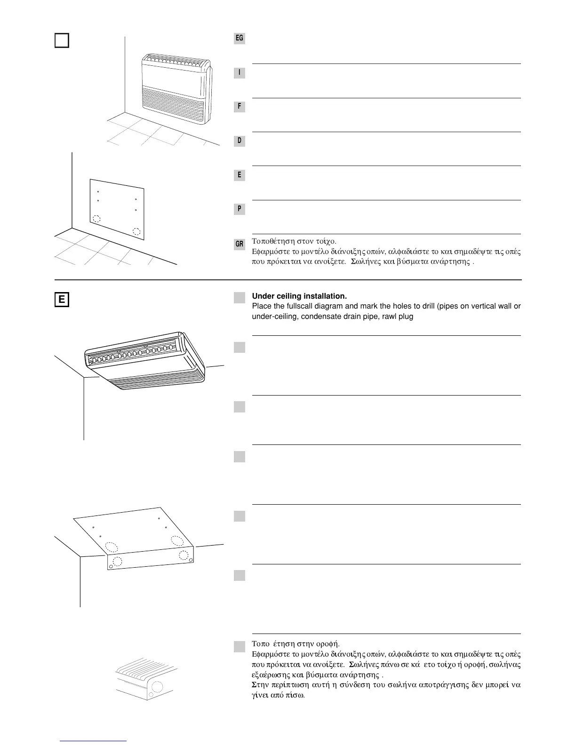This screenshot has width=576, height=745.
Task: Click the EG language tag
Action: click(x=240, y=38)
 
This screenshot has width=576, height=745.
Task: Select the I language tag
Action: click(x=240, y=72)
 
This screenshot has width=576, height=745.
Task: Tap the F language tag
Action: click(x=240, y=107)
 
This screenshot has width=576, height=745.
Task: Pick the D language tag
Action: click(x=240, y=141)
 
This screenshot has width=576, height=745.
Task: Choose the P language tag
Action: click(x=240, y=209)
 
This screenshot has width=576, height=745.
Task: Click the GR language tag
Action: click(x=240, y=244)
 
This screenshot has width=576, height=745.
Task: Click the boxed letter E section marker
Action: click(x=62, y=300)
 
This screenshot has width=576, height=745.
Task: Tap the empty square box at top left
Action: click(x=62, y=40)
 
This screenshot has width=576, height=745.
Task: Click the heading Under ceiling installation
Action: click(x=299, y=296)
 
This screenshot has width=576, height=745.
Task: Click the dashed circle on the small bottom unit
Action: click(x=157, y=687)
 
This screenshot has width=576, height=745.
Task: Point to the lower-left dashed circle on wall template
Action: click(x=96, y=219)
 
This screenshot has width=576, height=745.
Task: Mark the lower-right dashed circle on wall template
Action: click(x=136, y=231)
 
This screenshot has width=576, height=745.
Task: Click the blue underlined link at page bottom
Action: click(x=94, y=741)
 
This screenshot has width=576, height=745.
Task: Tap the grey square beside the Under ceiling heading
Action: click(x=240, y=297)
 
